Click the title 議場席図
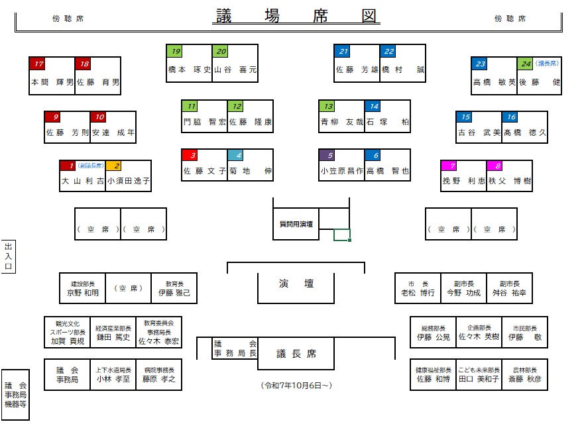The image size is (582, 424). [x=296, y=15]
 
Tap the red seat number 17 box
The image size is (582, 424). [x=37, y=64]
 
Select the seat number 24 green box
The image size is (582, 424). [x=525, y=64]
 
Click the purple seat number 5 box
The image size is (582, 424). [x=327, y=156]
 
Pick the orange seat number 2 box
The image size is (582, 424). [x=117, y=166]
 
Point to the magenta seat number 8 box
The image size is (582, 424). [x=495, y=166]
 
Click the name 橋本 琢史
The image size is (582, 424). [x=188, y=70]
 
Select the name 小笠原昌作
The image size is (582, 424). [x=341, y=170]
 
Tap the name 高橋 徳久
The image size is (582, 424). [x=525, y=132]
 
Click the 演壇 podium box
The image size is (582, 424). [x=296, y=284]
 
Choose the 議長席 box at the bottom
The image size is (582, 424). [x=295, y=354]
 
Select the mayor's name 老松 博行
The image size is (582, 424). [x=418, y=293]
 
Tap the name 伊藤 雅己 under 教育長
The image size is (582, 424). [x=174, y=293]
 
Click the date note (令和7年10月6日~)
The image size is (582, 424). [x=296, y=385]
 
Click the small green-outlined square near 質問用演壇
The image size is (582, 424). [x=341, y=234]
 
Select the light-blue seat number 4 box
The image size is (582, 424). [x=236, y=156]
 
